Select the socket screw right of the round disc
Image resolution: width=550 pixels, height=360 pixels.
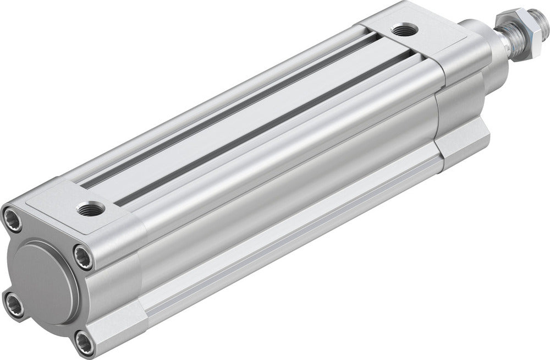coord(84,258)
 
